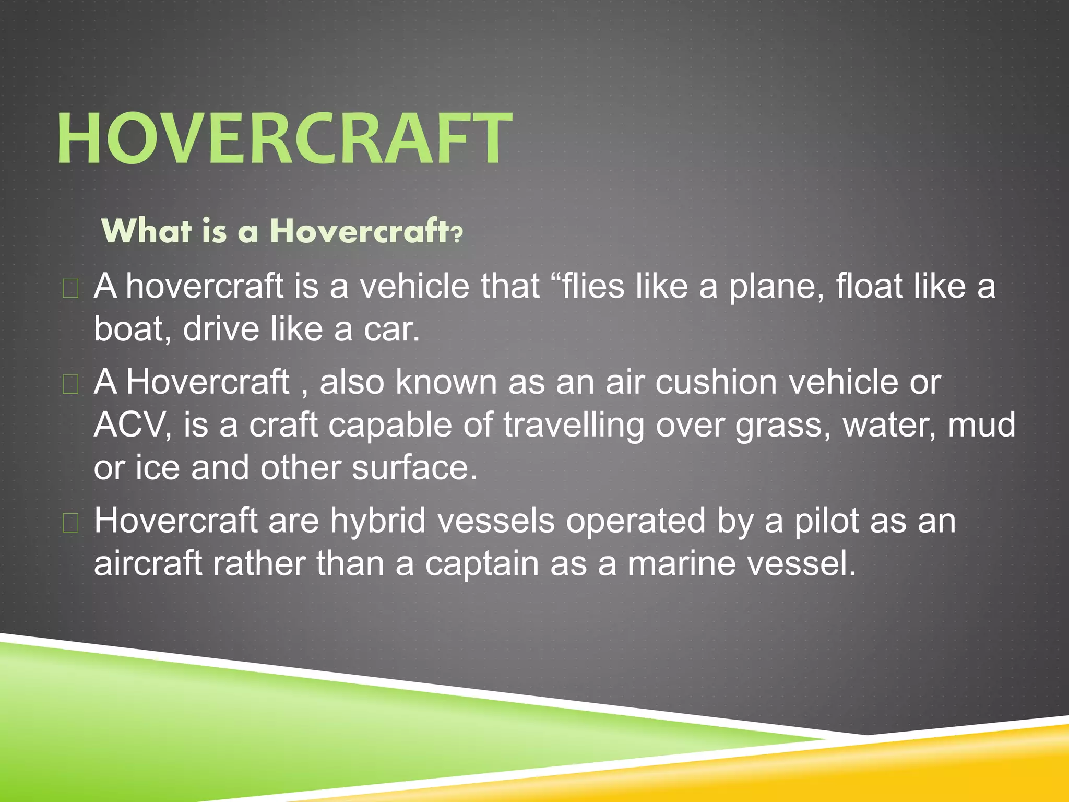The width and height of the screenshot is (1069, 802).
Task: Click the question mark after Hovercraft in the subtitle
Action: coord(457,233)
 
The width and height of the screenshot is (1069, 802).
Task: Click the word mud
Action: coord(981,425)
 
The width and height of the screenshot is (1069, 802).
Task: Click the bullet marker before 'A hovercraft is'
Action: coord(70,288)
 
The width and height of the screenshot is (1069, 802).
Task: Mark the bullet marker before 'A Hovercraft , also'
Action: coord(70,384)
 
